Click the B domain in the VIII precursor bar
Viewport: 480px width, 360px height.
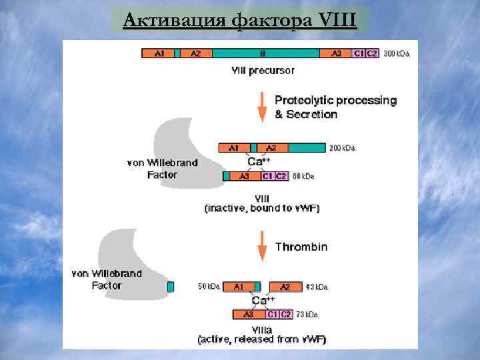(x=263, y=53)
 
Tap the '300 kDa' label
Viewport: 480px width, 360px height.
(x=397, y=53)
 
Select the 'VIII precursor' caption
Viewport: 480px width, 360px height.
(x=263, y=69)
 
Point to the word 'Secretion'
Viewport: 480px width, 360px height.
(x=311, y=114)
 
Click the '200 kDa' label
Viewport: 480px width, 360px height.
(x=343, y=148)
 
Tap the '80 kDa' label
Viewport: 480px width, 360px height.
(x=304, y=177)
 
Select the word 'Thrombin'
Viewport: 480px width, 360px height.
(x=301, y=247)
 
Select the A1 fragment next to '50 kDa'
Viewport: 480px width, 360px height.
(x=239, y=287)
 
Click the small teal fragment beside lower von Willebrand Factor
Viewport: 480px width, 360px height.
(x=170, y=286)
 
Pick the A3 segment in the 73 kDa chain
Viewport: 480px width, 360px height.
(x=248, y=314)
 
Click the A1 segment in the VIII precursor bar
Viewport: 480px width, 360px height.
(x=159, y=53)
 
